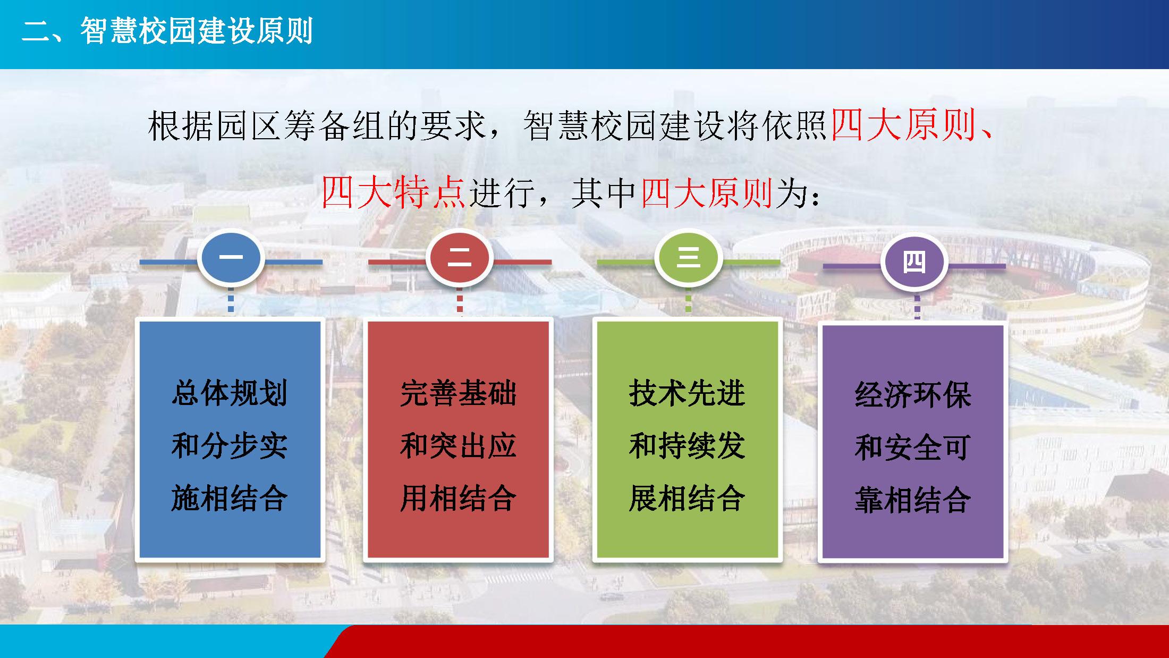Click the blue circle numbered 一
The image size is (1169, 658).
click(231, 258)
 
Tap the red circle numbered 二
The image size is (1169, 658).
click(460, 258)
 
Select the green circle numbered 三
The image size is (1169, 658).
click(688, 258)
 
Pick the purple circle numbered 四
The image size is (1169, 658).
click(914, 262)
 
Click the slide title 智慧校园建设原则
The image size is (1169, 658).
click(197, 31)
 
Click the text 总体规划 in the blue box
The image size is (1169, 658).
click(230, 393)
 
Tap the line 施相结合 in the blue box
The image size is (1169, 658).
click(230, 498)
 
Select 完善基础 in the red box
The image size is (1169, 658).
click(459, 393)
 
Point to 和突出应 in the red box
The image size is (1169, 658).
click(459, 445)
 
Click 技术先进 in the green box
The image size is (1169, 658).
click(687, 393)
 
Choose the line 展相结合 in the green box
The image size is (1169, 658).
click(687, 498)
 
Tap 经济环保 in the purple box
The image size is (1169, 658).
click(913, 395)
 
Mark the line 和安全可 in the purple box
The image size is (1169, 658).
click(913, 447)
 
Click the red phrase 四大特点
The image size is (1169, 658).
click(393, 192)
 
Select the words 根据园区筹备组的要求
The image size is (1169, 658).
click(317, 126)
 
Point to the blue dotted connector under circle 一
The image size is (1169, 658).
click(231, 302)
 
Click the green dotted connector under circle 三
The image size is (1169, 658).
click(688, 302)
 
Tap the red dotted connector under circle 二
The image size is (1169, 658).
click(460, 302)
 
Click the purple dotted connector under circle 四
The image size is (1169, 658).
click(917, 306)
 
